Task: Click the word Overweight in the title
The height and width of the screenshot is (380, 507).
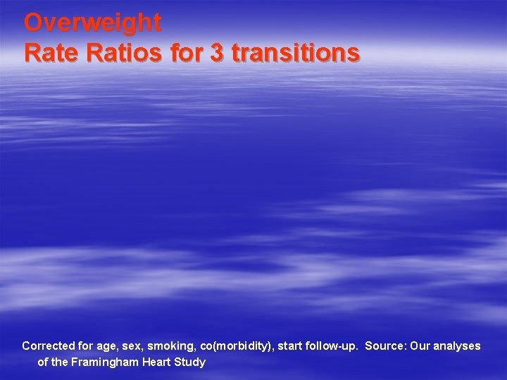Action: pyautogui.click(x=92, y=23)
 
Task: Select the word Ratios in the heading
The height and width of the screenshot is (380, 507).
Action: pyautogui.click(x=123, y=52)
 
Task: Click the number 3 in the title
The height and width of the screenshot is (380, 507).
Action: pyautogui.click(x=216, y=52)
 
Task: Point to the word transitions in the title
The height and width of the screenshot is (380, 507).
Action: pyautogui.click(x=295, y=52)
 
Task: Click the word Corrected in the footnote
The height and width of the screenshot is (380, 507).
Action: pyautogui.click(x=48, y=346)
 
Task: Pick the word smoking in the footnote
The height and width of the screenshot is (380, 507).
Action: pyautogui.click(x=170, y=346)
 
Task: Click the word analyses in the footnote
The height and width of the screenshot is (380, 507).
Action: pyautogui.click(x=457, y=346)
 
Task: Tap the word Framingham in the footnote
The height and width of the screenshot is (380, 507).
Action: pyautogui.click(x=104, y=362)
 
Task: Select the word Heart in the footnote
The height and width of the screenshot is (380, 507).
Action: pyautogui.click(x=156, y=362)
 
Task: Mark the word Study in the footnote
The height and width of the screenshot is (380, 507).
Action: pyautogui.click(x=190, y=362)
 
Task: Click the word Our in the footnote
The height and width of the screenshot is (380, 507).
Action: pyautogui.click(x=420, y=346)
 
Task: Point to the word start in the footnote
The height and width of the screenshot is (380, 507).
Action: pyautogui.click(x=292, y=346)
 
